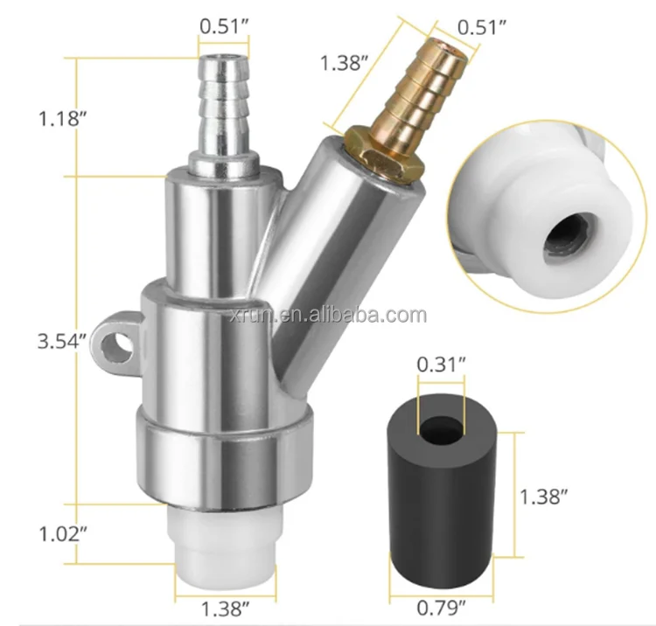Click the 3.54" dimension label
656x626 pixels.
coord(62,342)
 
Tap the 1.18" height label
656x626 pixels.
coord(62,118)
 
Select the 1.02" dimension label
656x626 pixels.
coord(63,534)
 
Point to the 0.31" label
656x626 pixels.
coord(441,365)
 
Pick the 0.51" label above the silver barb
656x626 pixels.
coord(224,26)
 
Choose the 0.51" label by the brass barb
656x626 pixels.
coord(482,27)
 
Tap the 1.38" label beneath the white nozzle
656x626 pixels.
coord(226,609)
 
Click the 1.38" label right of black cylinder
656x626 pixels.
coord(543,497)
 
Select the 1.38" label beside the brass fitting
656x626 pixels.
coord(344,63)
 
